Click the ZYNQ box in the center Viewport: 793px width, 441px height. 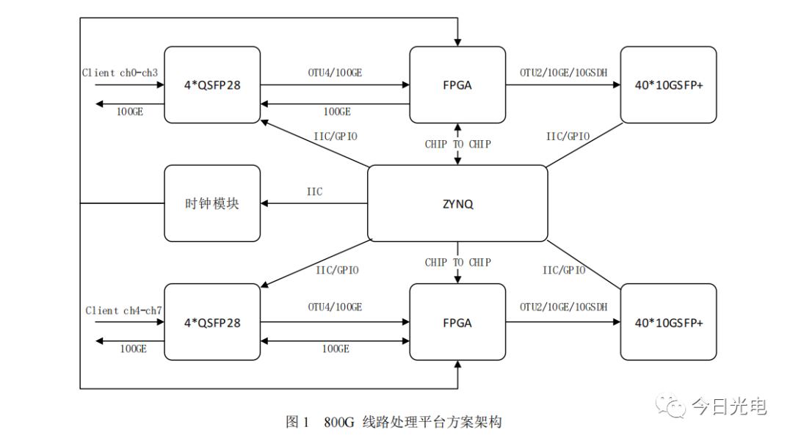point(457,203)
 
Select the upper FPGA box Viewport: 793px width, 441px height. point(457,85)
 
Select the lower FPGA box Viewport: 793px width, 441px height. point(457,323)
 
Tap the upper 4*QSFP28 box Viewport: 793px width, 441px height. point(212,85)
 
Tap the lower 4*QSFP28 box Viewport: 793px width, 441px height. point(212,323)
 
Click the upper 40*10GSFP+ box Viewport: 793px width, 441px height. point(668,85)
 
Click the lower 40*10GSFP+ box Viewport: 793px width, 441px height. point(668,323)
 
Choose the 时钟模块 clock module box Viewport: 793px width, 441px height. point(212,203)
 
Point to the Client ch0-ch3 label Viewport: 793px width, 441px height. point(119,73)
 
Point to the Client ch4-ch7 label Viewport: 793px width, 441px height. point(123,310)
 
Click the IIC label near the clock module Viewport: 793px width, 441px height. point(314,192)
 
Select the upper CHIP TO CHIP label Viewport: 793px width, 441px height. point(457,144)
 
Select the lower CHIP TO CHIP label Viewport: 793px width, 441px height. point(457,263)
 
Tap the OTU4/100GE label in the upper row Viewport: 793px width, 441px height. point(335,73)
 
